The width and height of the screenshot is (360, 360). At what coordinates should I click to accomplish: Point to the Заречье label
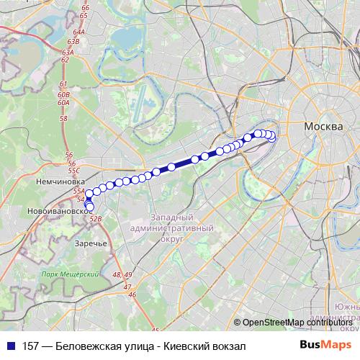click(x=91, y=243)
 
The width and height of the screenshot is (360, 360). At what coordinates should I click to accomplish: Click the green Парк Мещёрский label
click(x=69, y=274)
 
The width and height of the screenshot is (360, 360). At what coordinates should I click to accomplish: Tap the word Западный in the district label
click(x=173, y=217)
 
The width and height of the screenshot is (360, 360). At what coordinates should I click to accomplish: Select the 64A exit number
click(x=78, y=32)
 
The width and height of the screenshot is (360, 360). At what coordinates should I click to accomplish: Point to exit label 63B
click(x=70, y=43)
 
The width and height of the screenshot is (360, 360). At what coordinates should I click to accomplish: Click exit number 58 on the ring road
click(x=63, y=118)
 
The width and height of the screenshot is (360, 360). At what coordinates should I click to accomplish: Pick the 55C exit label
click(x=74, y=171)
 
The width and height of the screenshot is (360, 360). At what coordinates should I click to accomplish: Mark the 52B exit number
click(x=96, y=218)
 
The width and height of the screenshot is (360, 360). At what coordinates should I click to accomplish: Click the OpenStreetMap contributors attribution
click(x=299, y=323)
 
